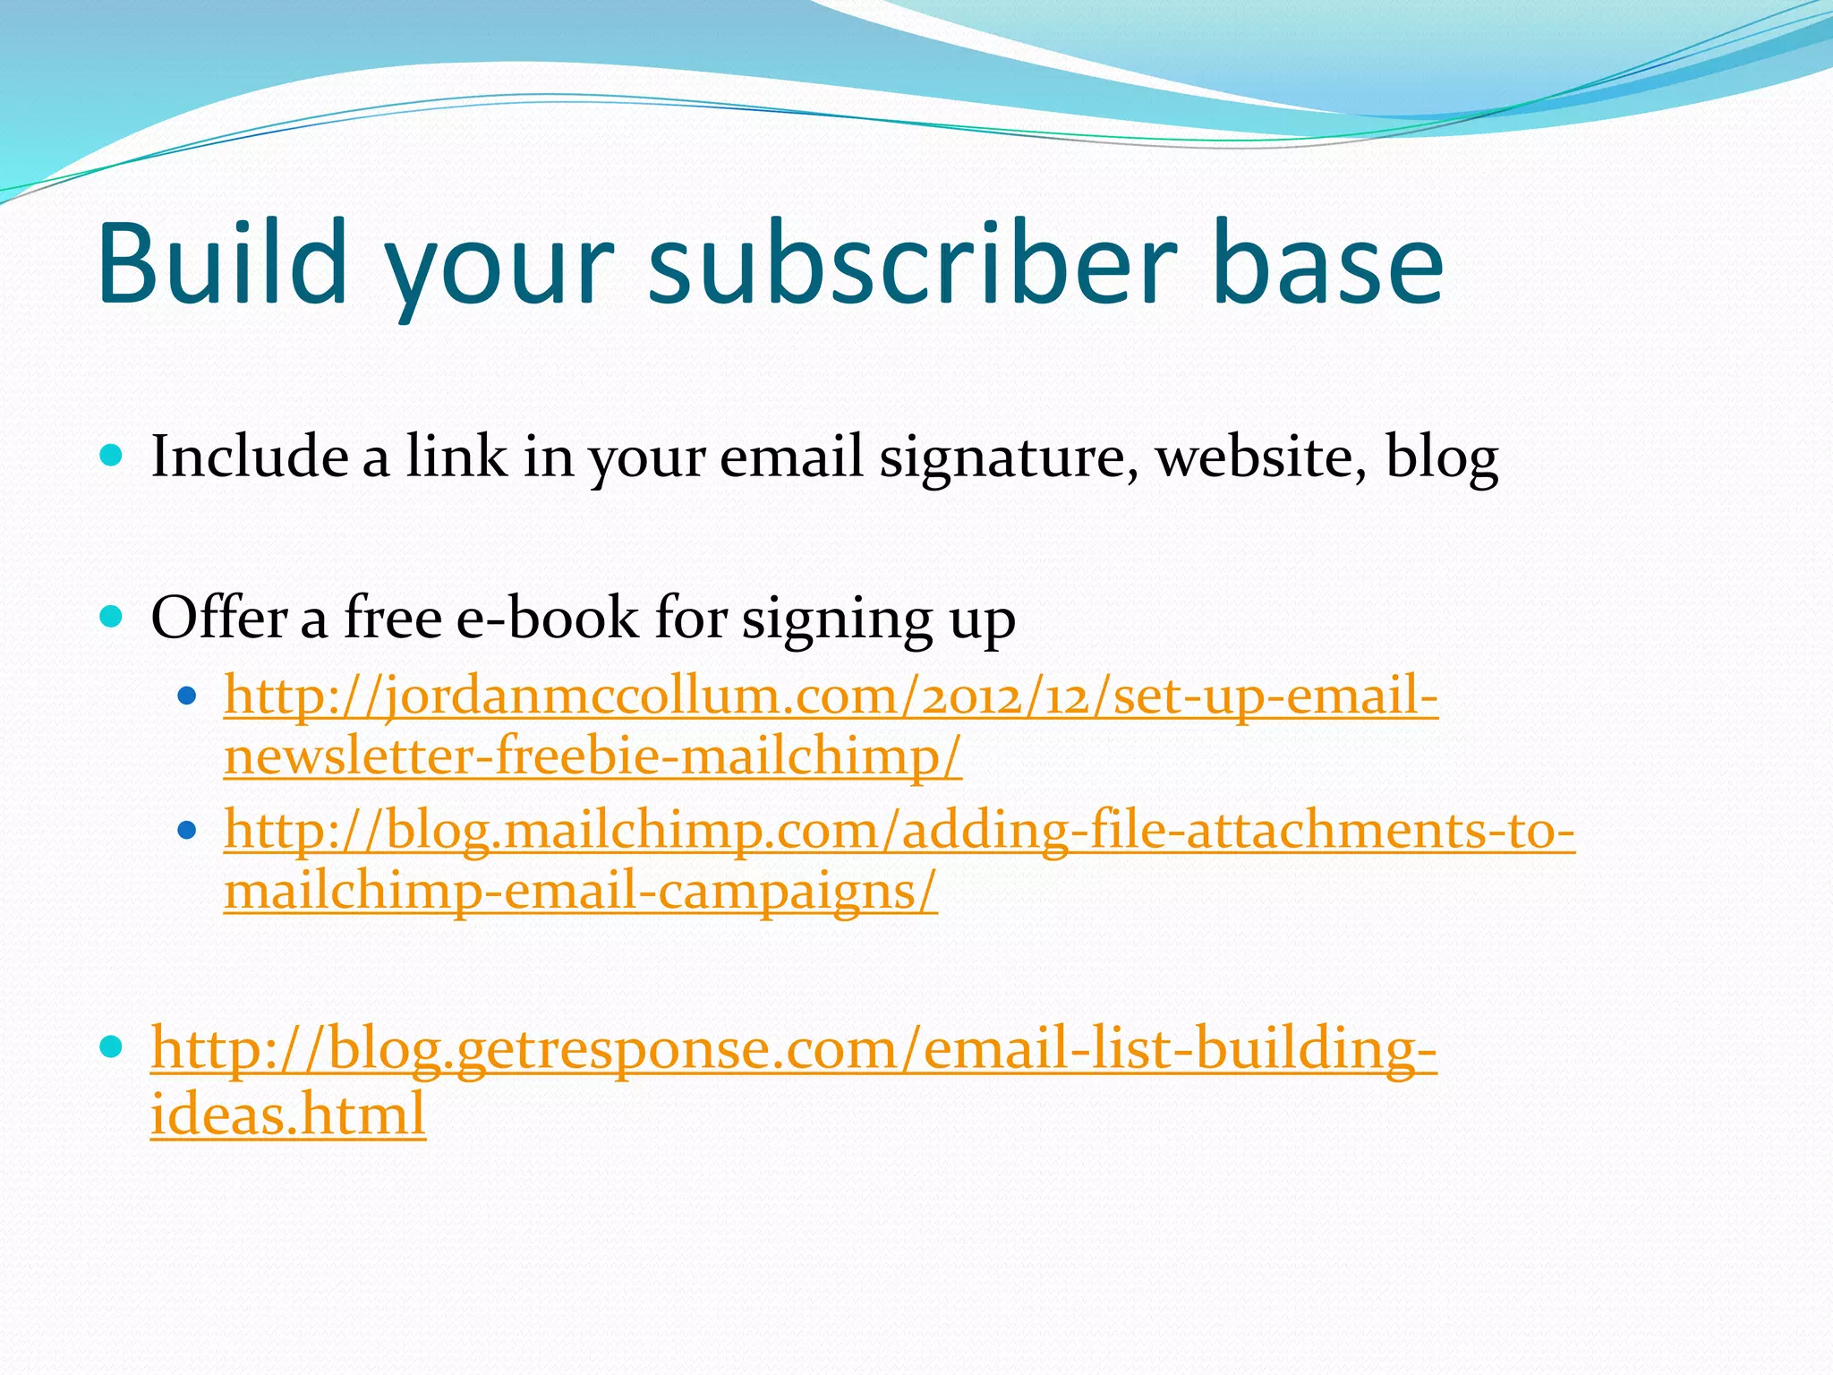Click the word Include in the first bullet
pos(250,457)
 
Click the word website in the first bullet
pos(1261,457)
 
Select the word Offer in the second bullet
pos(218,618)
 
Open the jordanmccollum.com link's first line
pos(831,696)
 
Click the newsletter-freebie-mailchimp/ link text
pos(593,756)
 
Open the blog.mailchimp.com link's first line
pos(899,831)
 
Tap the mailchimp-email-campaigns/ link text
pos(580,892)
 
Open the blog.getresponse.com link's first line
pos(793,1049)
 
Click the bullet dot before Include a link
pos(111,456)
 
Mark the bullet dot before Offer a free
pos(111,617)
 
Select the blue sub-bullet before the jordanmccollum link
pos(186,696)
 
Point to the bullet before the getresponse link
pos(111,1046)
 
